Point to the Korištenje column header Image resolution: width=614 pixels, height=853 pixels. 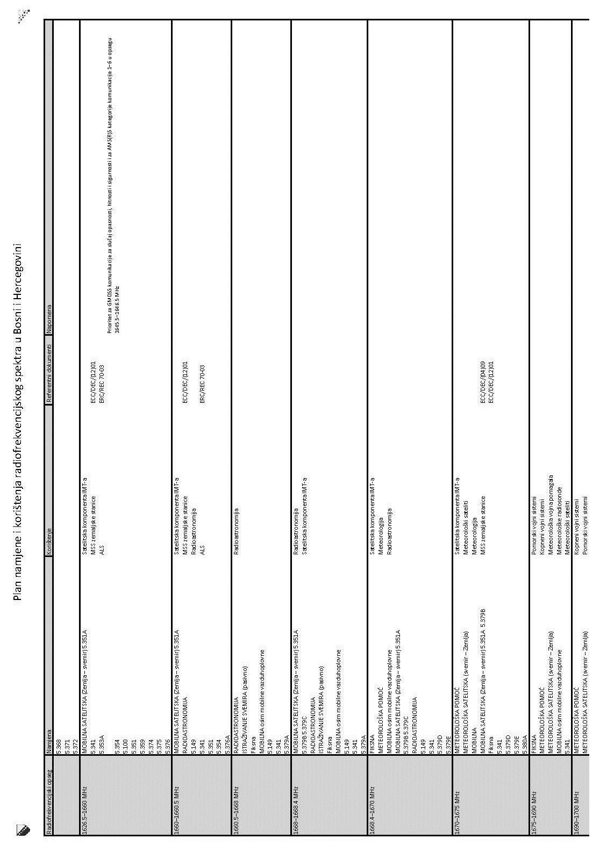tap(49, 527)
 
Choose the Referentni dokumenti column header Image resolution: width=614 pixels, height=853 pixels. tap(49, 376)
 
